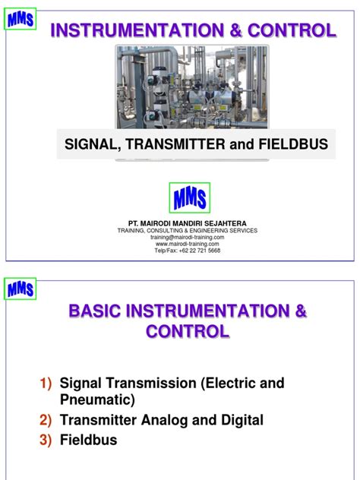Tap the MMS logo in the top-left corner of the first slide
(20, 20)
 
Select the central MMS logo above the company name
(189, 198)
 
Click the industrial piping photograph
(191, 87)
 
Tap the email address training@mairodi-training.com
(188, 237)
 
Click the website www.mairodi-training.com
(188, 244)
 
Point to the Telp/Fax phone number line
(188, 251)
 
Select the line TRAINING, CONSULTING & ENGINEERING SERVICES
(188, 230)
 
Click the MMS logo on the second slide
(20, 290)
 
